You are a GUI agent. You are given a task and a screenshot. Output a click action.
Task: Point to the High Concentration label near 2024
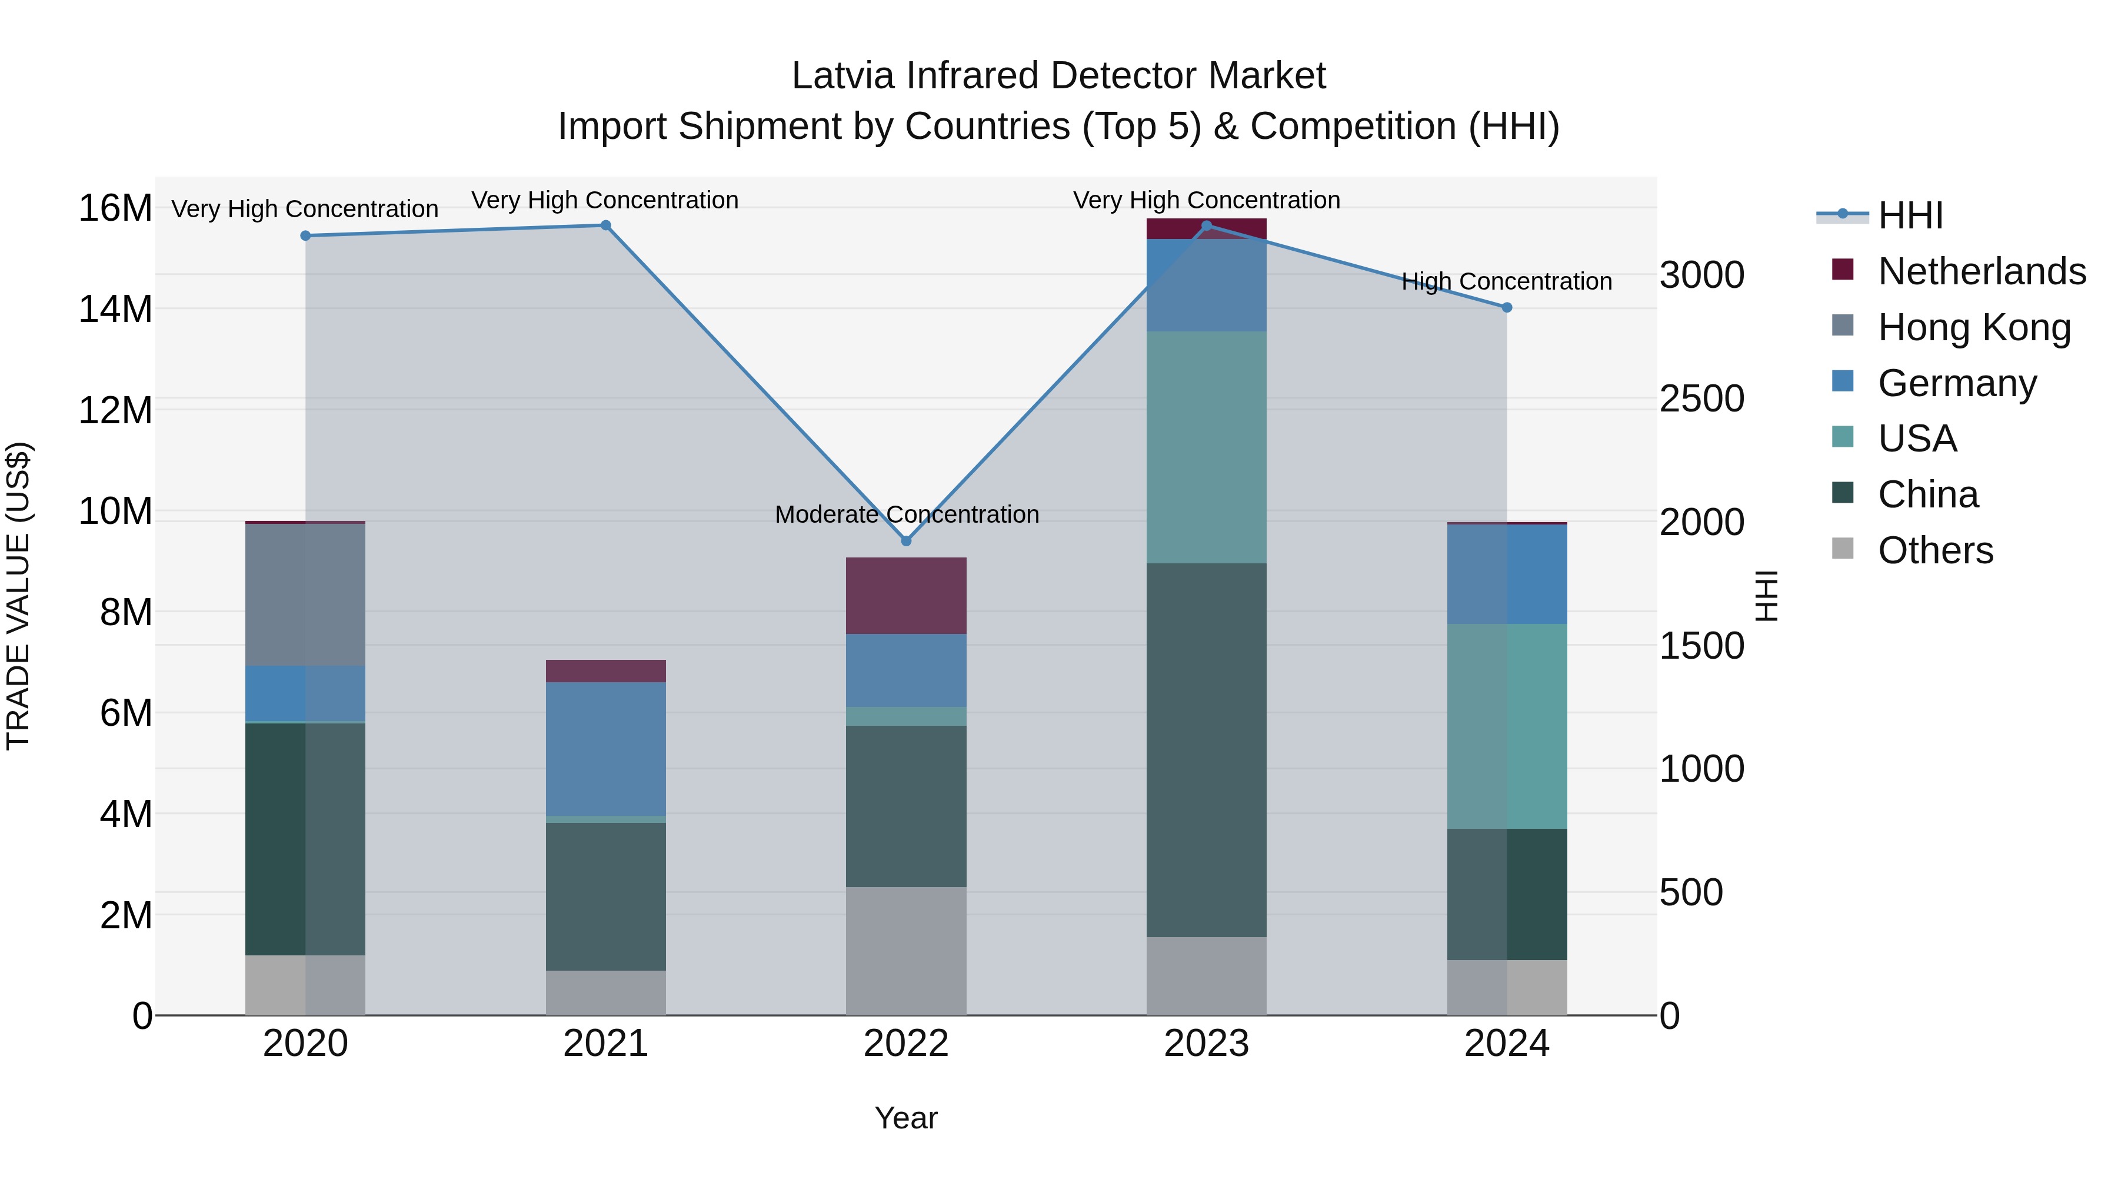pos(1506,282)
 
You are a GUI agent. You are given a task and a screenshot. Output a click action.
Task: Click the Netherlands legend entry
pos(1982,271)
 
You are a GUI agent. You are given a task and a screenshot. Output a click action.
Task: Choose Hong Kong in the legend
pos(1973,327)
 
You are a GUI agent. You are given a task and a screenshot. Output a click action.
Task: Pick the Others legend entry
pos(1936,550)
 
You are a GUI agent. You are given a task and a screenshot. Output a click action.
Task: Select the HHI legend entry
pos(1910,215)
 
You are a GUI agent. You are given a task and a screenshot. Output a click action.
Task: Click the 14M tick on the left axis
pos(115,309)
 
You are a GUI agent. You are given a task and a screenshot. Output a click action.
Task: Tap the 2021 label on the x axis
pos(605,1044)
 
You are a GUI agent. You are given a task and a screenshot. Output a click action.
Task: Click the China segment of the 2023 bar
pos(1206,749)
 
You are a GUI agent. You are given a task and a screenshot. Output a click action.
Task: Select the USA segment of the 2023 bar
pos(1206,447)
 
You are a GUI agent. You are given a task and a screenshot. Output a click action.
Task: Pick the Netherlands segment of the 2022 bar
pos(906,596)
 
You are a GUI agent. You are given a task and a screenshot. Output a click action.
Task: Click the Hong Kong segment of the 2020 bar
pos(305,594)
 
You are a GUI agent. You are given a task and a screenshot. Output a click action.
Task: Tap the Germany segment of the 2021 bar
pos(605,749)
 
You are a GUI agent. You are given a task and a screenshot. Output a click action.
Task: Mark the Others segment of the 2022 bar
pos(906,950)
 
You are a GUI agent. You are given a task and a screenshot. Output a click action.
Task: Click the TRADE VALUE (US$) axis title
pos(18,596)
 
